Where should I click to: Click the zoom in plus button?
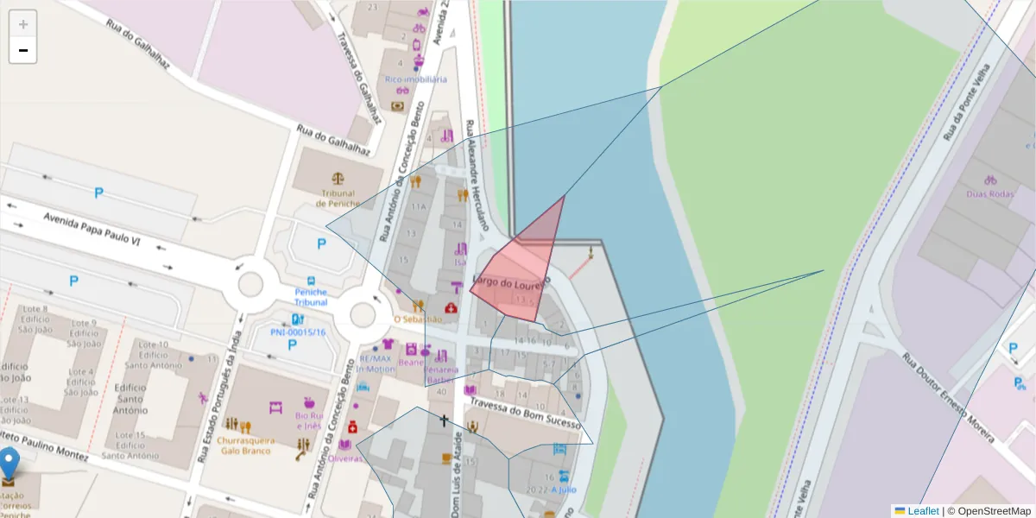click(23, 24)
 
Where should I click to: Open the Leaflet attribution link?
click(922, 511)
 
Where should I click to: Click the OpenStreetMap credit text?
click(989, 511)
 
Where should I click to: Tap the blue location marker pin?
click(9, 464)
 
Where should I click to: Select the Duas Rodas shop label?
click(989, 194)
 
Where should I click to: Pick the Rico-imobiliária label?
click(416, 79)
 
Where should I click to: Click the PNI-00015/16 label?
click(298, 332)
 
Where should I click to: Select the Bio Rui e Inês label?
click(309, 421)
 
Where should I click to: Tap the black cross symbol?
click(445, 420)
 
